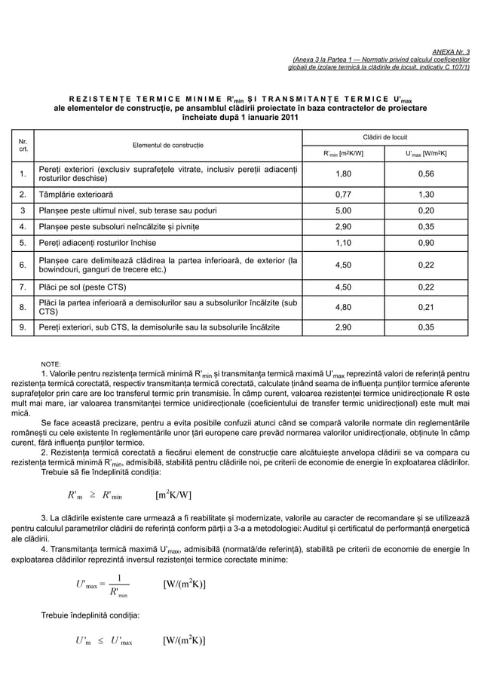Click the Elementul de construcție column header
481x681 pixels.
pyautogui.click(x=169, y=144)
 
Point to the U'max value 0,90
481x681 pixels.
pyautogui.click(x=426, y=243)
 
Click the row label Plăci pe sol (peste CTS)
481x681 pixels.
pyautogui.click(x=89, y=287)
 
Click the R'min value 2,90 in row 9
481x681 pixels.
pyautogui.click(x=343, y=328)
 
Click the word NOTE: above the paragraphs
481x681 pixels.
pyautogui.click(x=51, y=364)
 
